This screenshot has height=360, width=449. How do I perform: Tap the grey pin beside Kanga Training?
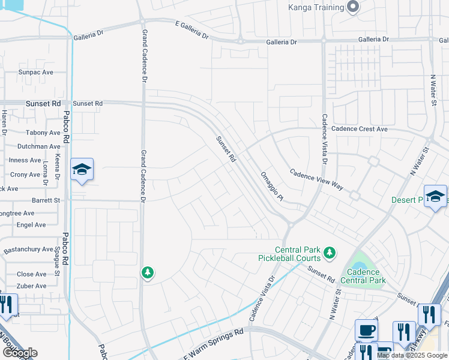(353, 7)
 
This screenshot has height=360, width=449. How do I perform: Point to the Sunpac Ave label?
(36, 72)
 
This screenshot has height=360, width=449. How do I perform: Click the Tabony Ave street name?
(43, 133)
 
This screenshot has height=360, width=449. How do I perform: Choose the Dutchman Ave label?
(38, 146)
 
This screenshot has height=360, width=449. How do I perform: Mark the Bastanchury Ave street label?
(28, 249)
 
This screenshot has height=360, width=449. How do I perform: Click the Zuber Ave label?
(32, 286)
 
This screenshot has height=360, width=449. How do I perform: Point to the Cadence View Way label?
(316, 179)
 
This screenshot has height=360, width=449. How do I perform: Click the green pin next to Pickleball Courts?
(329, 253)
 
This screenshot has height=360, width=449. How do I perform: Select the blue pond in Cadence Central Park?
(359, 266)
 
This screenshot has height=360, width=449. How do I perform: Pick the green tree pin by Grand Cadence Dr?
(147, 273)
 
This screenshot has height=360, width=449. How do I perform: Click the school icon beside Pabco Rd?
(82, 170)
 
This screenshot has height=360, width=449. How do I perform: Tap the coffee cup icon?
(366, 330)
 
